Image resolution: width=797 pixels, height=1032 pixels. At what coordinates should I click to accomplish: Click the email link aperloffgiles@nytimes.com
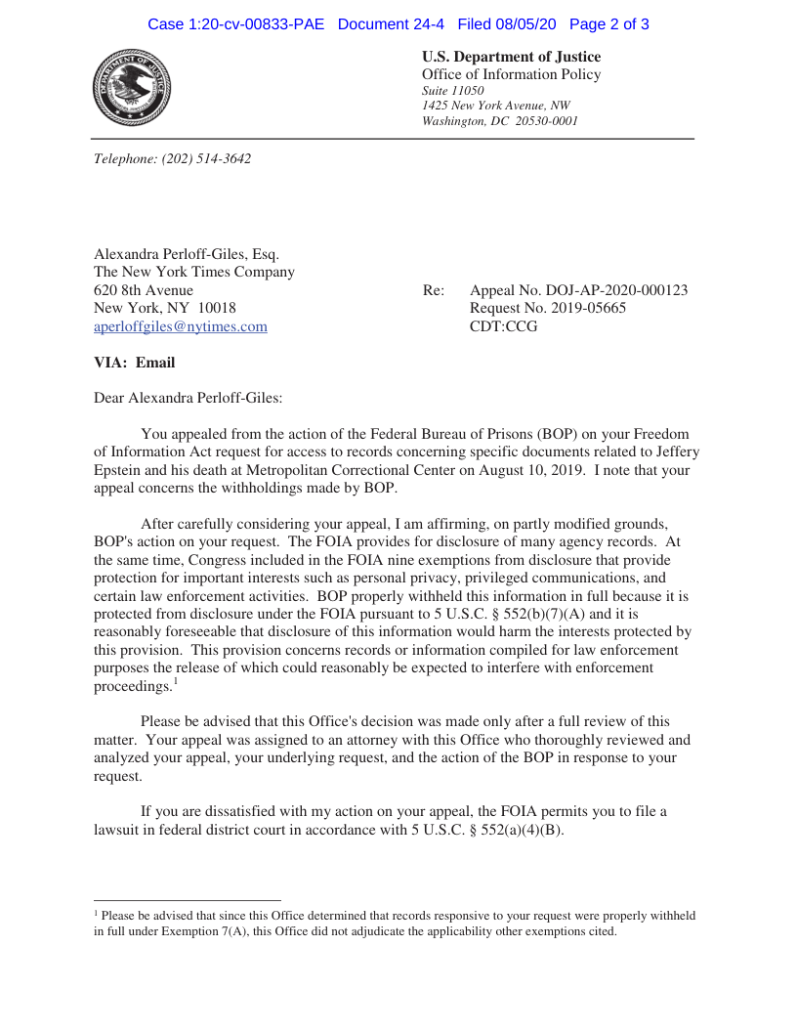pos(180,327)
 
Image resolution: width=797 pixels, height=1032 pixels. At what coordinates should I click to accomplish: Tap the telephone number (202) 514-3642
pos(206,158)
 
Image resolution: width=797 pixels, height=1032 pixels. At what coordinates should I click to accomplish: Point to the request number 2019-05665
pos(581,309)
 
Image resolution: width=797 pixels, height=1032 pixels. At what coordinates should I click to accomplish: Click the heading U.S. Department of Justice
pos(511,57)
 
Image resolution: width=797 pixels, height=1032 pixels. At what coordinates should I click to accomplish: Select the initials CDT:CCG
pos(504,327)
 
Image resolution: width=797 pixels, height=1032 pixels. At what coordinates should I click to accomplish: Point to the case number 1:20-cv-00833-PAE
pos(235,24)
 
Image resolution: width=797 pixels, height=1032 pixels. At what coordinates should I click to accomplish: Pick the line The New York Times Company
pos(193,273)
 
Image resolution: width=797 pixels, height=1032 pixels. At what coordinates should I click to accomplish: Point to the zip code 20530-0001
pos(546,121)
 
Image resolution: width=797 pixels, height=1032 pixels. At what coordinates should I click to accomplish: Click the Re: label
pos(434,290)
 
